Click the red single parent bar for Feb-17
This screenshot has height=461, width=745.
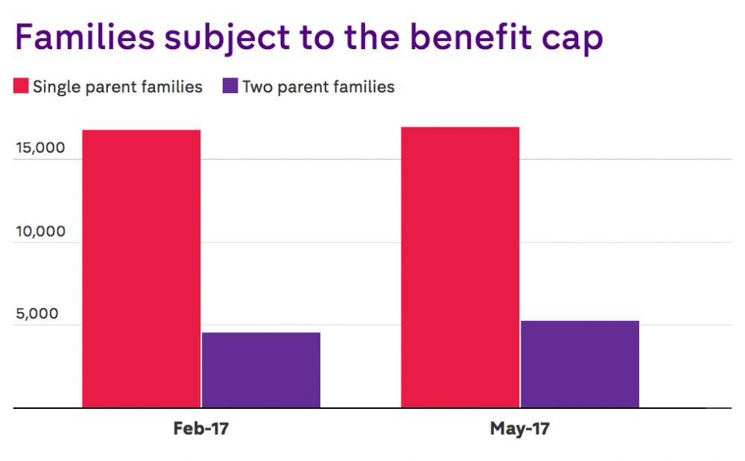point(141,269)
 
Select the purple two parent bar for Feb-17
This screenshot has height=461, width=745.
point(261,370)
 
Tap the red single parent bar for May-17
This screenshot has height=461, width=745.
point(460,267)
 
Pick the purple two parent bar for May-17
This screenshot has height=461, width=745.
point(580,364)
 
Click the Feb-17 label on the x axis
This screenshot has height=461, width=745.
point(201,429)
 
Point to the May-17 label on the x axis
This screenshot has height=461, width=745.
point(520,429)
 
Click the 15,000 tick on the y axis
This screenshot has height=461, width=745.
point(40,148)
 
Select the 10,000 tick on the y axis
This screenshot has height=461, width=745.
point(40,231)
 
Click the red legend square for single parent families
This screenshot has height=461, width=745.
point(21,86)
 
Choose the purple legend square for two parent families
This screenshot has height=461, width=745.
point(231,86)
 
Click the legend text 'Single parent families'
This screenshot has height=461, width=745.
point(118,87)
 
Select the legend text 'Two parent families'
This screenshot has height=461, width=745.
point(319,87)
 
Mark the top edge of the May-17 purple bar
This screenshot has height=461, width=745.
point(580,321)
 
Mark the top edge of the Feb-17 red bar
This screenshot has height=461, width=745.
point(141,130)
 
